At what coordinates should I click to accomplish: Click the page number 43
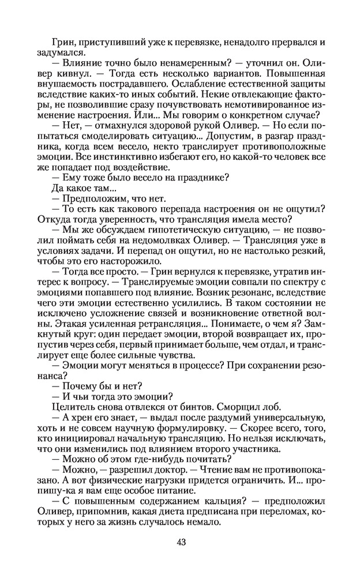point(180,542)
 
